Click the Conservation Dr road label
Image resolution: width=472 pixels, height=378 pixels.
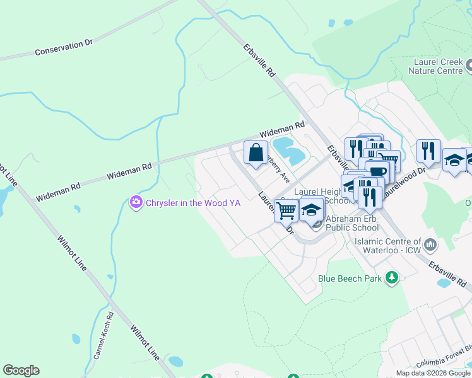tap(64, 47)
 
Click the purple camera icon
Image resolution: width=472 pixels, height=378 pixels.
tap(136, 202)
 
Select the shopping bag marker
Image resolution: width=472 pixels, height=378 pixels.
tap(256, 154)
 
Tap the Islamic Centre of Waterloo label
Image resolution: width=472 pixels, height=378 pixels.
tap(387, 246)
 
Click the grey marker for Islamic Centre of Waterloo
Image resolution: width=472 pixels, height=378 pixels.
tap(430, 243)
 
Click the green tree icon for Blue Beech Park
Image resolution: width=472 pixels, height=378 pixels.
tap(392, 277)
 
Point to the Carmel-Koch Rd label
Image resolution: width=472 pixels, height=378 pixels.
tap(103, 336)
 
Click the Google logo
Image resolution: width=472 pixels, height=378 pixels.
tap(21, 370)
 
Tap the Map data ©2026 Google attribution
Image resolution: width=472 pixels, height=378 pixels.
tap(433, 373)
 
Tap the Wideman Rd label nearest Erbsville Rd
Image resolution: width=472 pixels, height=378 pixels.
tap(283, 130)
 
